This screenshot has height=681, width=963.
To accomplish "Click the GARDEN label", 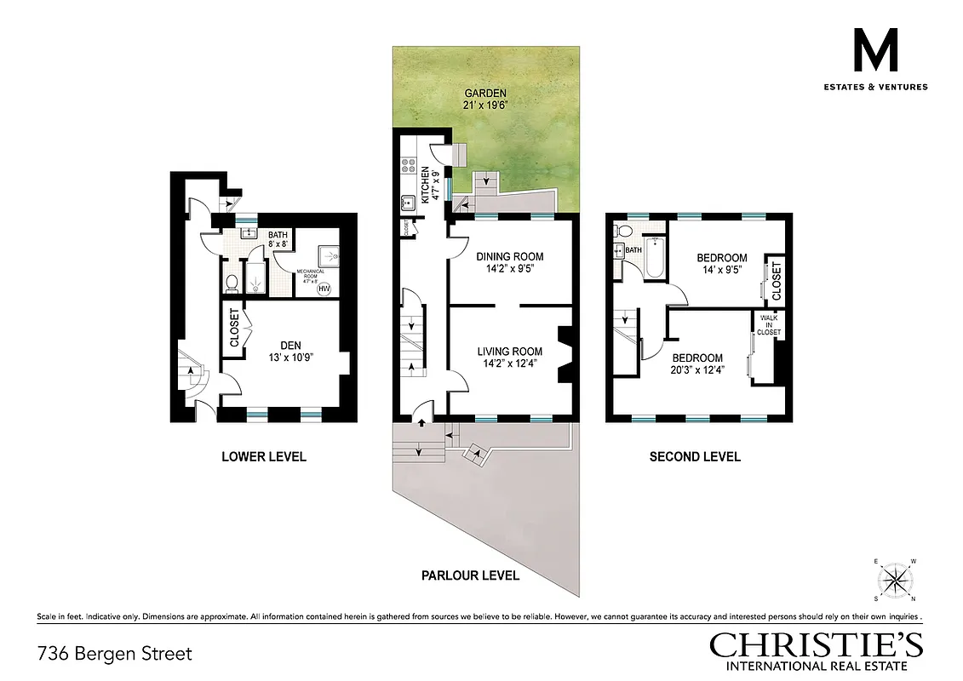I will click(x=485, y=94).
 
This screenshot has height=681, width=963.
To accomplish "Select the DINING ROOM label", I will click(x=509, y=256).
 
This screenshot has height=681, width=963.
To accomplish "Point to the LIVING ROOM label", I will click(x=509, y=352).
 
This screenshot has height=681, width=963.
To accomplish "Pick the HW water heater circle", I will click(x=324, y=289).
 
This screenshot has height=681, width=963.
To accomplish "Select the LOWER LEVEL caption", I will click(x=263, y=457).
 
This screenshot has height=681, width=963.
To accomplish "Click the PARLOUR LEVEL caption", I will click(x=470, y=575).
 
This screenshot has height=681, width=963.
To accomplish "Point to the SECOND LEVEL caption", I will click(x=695, y=457).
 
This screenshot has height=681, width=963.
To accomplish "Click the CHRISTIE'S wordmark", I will click(x=816, y=644).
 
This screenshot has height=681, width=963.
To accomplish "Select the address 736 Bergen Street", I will click(x=115, y=654).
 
